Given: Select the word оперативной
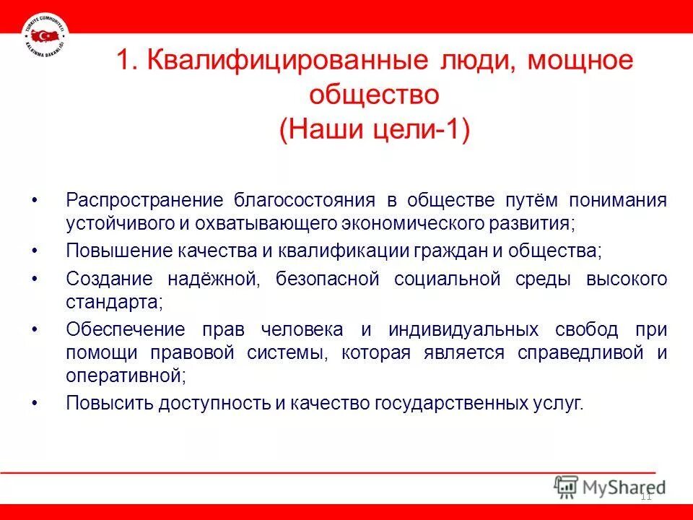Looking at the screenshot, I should (126, 375).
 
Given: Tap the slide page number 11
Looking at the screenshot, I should (646, 496).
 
